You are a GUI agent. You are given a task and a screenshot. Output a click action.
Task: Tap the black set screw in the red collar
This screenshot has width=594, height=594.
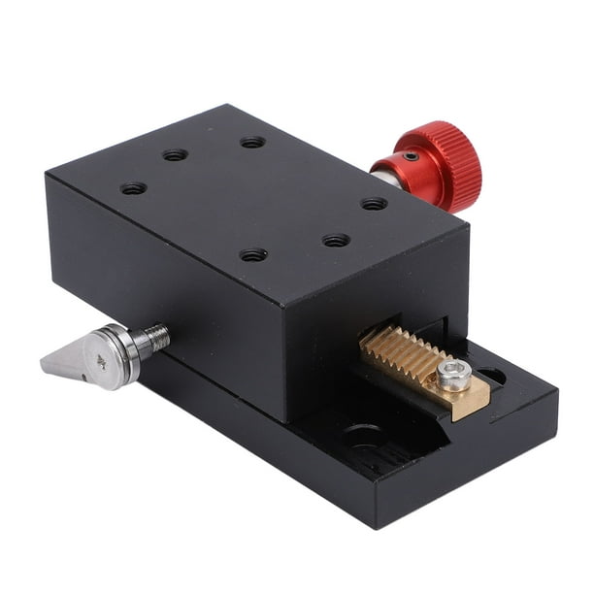[x=412, y=156]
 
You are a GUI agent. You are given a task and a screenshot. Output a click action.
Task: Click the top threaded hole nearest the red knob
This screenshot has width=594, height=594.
[x=374, y=204]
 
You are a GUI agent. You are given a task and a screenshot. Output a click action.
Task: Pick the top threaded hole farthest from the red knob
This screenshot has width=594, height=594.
[x=134, y=188]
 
